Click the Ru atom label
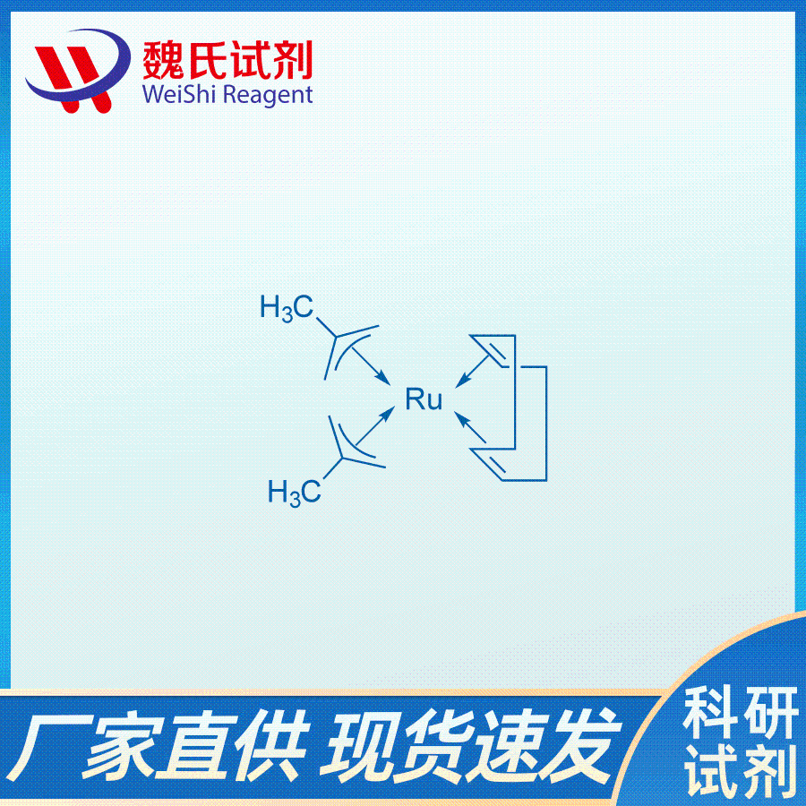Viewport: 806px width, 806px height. tap(424, 399)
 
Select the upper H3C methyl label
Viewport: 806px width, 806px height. tap(287, 308)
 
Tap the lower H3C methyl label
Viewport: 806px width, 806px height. tap(294, 492)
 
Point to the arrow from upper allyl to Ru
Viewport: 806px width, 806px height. tap(371, 365)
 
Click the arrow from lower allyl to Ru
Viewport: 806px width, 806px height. tap(375, 425)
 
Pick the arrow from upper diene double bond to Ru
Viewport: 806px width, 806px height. tap(472, 371)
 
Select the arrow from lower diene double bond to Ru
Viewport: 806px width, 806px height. tap(470, 426)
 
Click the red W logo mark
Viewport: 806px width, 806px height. tap(77, 71)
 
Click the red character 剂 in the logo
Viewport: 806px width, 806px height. tap(292, 60)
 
